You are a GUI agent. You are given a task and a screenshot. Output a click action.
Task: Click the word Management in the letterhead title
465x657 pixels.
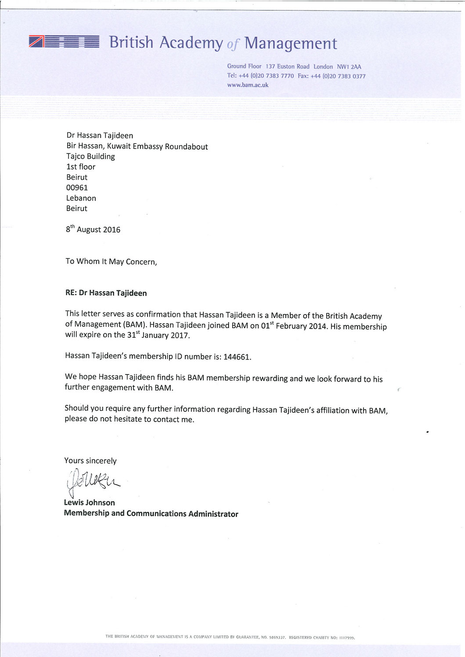coord(290,43)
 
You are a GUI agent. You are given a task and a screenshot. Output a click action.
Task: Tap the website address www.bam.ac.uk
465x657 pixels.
coord(248,85)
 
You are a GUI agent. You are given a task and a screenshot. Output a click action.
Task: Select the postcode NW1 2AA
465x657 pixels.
coord(349,67)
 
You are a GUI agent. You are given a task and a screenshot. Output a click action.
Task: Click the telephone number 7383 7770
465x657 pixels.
coord(280,76)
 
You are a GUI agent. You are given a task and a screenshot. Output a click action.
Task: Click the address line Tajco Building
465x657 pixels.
coord(90,157)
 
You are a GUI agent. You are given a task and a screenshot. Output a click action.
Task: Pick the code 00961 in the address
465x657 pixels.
coord(77,188)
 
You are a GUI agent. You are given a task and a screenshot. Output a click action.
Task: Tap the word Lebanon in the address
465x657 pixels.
coord(81,198)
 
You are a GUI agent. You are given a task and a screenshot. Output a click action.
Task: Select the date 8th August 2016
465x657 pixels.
coord(93,229)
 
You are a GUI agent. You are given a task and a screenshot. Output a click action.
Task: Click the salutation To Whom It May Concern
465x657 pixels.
coord(111,261)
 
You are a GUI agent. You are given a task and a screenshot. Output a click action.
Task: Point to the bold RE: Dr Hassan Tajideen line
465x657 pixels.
coord(106,293)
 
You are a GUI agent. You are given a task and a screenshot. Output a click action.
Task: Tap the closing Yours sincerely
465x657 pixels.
coord(90,461)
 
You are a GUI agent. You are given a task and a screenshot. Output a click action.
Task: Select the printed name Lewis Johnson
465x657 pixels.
coord(89,503)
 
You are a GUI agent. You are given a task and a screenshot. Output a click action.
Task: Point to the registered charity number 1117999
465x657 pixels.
coord(346,638)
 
